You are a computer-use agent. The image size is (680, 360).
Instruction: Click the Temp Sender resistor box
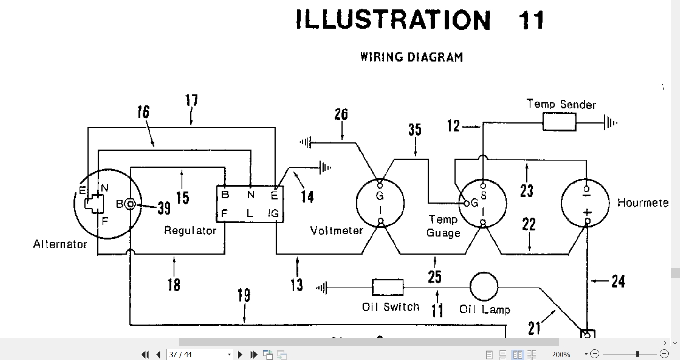(x=559, y=122)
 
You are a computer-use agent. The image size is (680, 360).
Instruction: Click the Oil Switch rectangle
(x=388, y=288)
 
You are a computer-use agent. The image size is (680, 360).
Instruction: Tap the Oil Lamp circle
(x=484, y=287)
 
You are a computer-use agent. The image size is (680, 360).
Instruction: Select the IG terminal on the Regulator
(x=274, y=214)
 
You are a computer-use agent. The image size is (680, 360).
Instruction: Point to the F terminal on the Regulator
(x=224, y=214)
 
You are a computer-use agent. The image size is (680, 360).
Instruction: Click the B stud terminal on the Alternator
(x=130, y=204)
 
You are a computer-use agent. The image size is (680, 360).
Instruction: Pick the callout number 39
(x=164, y=208)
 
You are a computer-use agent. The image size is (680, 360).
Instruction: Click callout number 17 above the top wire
(x=191, y=100)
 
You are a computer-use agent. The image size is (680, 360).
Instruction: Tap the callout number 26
(x=341, y=114)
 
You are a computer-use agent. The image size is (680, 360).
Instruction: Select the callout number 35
(x=415, y=129)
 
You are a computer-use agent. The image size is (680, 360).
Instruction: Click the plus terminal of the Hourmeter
(x=587, y=221)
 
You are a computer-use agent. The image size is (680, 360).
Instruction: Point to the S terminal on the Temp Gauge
(x=483, y=185)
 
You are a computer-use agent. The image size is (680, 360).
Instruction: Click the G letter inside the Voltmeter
(x=380, y=196)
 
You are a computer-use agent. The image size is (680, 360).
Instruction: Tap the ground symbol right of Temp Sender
(x=610, y=122)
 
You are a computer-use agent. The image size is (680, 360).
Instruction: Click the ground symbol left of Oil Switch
(x=322, y=288)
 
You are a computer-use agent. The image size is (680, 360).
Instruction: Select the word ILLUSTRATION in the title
(x=393, y=20)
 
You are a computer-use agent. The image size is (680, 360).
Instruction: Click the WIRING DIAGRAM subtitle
(x=411, y=57)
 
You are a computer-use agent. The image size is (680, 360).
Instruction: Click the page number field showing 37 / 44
(x=199, y=354)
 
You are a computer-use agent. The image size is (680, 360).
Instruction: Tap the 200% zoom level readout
(x=561, y=354)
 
